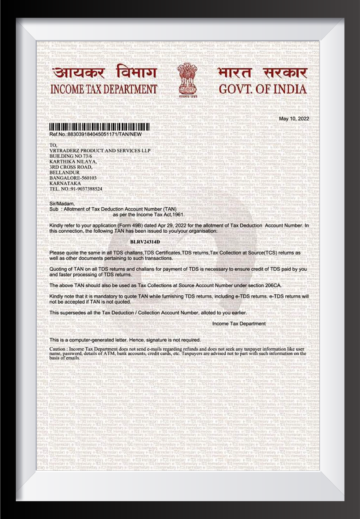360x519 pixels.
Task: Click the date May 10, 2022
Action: point(294,119)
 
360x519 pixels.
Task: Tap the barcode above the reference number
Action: point(100,128)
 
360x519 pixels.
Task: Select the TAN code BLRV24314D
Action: point(145,242)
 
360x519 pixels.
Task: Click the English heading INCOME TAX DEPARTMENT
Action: point(104,89)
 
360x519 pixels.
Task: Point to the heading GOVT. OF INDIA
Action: point(262,89)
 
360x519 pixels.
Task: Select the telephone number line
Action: point(76,189)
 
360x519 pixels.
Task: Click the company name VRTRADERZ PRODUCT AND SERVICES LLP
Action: point(100,151)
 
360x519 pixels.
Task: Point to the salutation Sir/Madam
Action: point(62,204)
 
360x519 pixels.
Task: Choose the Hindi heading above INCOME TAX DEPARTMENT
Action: point(104,72)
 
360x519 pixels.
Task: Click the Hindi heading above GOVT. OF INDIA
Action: point(262,72)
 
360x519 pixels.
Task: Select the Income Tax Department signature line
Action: point(239,324)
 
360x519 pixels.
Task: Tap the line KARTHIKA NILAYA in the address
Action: point(73,162)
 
